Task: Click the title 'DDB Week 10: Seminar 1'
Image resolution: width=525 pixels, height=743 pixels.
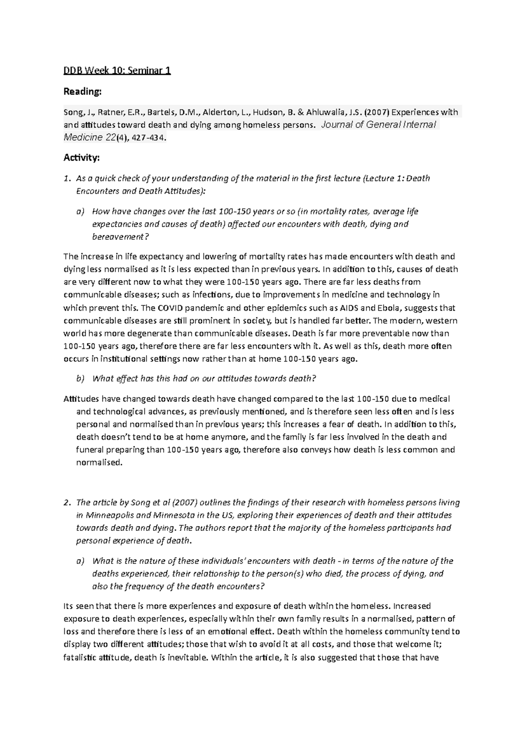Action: tap(117, 70)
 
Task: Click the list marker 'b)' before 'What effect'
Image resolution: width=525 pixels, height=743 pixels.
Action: tap(80, 379)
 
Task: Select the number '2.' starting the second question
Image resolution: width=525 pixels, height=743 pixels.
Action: tap(67, 502)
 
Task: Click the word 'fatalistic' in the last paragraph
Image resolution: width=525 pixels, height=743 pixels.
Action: tap(80, 657)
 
